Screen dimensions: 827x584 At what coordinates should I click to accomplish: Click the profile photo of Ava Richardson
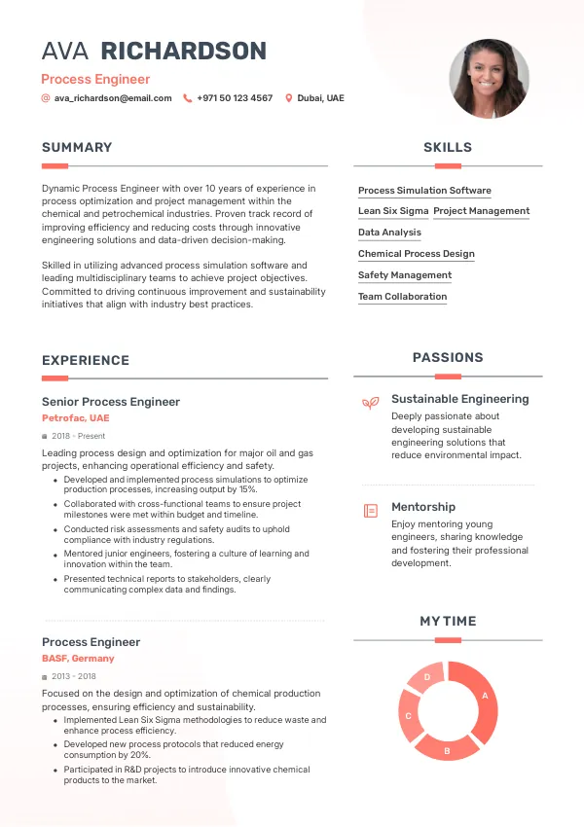pyautogui.click(x=489, y=79)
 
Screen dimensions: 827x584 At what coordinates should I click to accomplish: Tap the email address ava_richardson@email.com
pyautogui.click(x=113, y=98)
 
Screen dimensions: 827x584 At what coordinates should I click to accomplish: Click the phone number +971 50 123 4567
pyautogui.click(x=235, y=98)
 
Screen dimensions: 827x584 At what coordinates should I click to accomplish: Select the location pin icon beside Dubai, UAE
pyautogui.click(x=288, y=98)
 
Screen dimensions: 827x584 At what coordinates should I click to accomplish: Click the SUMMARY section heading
pyautogui.click(x=77, y=148)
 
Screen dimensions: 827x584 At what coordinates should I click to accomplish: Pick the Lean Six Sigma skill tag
pyautogui.click(x=393, y=211)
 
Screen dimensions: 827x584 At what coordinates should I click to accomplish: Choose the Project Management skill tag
pyautogui.click(x=481, y=211)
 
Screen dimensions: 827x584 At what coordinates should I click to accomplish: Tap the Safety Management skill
pyautogui.click(x=405, y=275)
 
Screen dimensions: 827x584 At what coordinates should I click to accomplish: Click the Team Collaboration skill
pyautogui.click(x=402, y=297)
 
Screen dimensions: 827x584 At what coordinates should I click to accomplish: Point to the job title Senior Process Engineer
pyautogui.click(x=111, y=402)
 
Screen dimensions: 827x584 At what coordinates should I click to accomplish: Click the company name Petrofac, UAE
pyautogui.click(x=76, y=418)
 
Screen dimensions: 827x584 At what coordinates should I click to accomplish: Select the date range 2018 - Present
pyautogui.click(x=79, y=436)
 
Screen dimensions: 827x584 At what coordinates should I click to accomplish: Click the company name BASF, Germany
pyautogui.click(x=78, y=659)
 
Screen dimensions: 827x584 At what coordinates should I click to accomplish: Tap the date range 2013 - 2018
pyautogui.click(x=74, y=676)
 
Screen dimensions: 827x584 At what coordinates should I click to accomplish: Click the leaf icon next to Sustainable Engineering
pyautogui.click(x=370, y=402)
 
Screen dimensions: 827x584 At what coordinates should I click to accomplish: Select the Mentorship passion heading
pyautogui.click(x=423, y=507)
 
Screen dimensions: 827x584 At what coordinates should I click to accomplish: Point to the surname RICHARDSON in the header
pyautogui.click(x=184, y=52)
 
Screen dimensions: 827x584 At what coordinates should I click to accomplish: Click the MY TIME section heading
pyautogui.click(x=448, y=621)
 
